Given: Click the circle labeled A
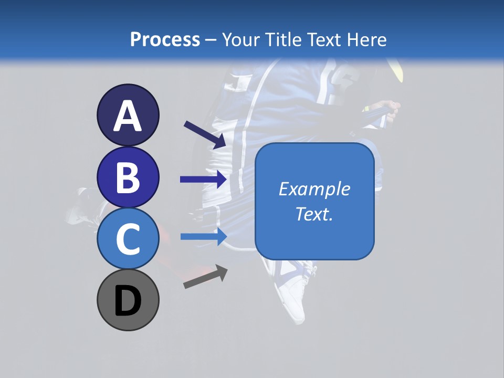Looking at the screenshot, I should [128, 115].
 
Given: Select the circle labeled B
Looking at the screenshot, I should [128, 177].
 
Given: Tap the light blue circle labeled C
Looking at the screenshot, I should [128, 238].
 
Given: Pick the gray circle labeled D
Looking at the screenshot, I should [128, 300].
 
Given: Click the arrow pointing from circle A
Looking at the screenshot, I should [204, 134].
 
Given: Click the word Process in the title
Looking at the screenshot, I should [165, 39].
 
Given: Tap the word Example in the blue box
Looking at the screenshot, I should [314, 189].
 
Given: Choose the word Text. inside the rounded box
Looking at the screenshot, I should [314, 214].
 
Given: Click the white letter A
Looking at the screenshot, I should [128, 116].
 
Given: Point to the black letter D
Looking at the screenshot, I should [128, 301].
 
